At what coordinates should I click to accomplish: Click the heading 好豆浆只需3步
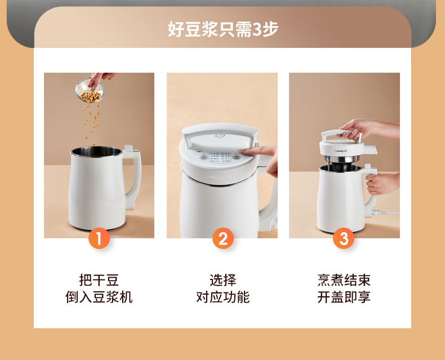[x=223, y=29]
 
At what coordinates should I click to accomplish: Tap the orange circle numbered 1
[x=99, y=238]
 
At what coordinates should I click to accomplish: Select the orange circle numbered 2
[x=223, y=238]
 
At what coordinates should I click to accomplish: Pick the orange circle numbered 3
[x=344, y=238]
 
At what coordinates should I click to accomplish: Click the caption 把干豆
[x=99, y=280]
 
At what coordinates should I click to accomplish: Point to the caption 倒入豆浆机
[x=99, y=297]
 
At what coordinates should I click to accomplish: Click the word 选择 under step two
[x=223, y=280]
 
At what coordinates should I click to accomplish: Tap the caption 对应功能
[x=223, y=297]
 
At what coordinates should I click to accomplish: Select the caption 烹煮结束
[x=344, y=280]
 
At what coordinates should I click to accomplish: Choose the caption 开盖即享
[x=344, y=297]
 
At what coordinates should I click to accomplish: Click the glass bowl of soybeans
[x=90, y=90]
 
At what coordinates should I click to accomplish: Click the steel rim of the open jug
[x=96, y=152]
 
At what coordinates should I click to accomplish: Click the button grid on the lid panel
[x=220, y=157]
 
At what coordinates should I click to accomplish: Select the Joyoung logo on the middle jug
[x=220, y=177]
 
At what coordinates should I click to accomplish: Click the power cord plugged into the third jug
[x=385, y=212]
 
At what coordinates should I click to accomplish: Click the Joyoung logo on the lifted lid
[x=341, y=151]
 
